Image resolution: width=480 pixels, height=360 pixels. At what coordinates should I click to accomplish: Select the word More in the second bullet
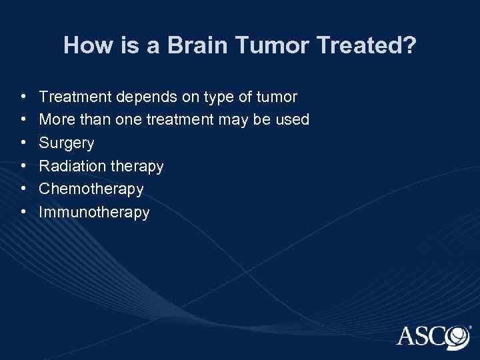click(55, 120)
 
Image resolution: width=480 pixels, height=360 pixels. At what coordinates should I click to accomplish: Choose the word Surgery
click(67, 143)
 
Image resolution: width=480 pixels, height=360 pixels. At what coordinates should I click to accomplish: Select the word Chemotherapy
click(91, 189)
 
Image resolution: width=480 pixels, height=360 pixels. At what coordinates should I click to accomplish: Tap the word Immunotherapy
click(94, 213)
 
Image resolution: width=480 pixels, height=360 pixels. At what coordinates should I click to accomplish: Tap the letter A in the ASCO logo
click(409, 336)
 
